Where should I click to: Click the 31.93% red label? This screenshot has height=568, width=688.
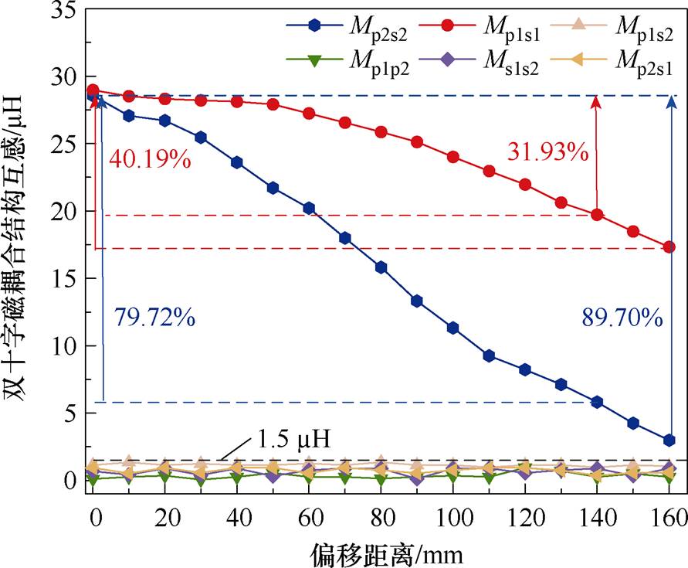pyautogui.click(x=547, y=151)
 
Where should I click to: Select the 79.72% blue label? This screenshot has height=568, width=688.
pyautogui.click(x=154, y=317)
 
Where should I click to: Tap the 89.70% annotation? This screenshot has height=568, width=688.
pyautogui.click(x=622, y=317)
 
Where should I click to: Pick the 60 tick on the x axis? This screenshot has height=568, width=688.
pyautogui.click(x=309, y=515)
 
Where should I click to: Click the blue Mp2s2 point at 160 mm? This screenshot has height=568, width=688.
pyautogui.click(x=669, y=440)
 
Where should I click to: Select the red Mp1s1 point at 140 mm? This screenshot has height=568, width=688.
pyautogui.click(x=597, y=215)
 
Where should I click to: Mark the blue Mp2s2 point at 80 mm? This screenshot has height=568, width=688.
pyautogui.click(x=381, y=267)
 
